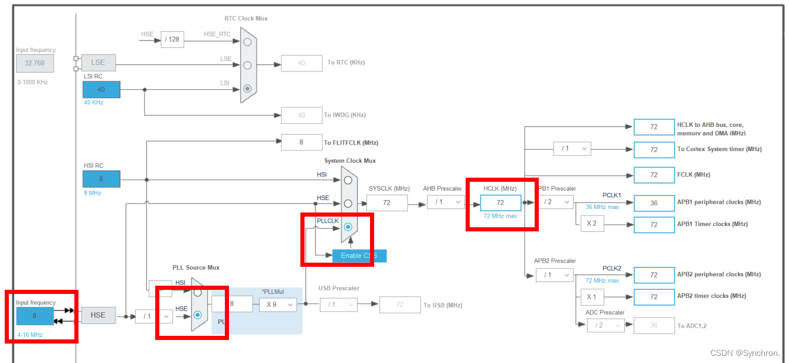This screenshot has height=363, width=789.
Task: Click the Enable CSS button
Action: click(359, 256)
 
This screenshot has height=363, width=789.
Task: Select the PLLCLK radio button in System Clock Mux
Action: click(348, 227)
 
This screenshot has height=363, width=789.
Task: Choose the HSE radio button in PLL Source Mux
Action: click(198, 315)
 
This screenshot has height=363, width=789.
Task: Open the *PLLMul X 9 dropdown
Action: click(277, 305)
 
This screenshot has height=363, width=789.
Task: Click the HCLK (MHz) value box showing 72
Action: click(500, 202)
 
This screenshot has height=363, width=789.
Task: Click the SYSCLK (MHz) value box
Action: click(387, 202)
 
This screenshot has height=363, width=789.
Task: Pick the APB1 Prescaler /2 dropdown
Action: click(554, 202)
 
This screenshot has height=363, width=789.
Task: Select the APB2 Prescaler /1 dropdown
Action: click(554, 274)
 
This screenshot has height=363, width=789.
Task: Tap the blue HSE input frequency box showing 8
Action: click(35, 316)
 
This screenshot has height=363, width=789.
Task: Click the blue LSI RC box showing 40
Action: click(102, 90)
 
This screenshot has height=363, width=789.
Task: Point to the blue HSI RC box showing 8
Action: click(102, 179)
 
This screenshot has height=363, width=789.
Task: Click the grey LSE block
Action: click(98, 62)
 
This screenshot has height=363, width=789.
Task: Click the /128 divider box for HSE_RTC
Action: click(172, 40)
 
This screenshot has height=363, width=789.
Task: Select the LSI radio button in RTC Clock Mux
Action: click(247, 89)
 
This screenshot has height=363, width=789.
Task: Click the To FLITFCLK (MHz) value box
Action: click(302, 142)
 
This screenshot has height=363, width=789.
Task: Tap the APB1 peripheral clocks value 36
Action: click(654, 202)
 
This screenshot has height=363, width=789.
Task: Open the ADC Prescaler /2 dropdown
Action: click(605, 325)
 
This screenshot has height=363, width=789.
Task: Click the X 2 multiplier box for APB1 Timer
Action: click(592, 224)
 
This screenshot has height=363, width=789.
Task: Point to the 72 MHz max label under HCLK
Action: click(500, 216)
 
